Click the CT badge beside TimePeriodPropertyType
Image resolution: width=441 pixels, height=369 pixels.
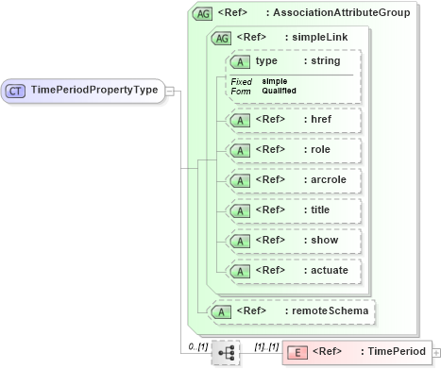coord(16,91)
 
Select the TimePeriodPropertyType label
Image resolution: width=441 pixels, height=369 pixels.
coord(93,91)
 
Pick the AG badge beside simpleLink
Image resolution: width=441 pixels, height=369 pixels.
coord(222,38)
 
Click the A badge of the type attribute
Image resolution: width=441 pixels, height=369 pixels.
coord(241,60)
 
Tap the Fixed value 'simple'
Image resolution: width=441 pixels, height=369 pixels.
coord(275,81)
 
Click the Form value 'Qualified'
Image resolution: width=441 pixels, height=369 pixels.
coord(280,91)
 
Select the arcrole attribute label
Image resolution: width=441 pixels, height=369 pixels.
coord(326,180)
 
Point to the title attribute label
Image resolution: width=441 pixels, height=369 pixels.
coord(318,210)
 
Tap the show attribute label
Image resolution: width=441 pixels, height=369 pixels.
coord(321,241)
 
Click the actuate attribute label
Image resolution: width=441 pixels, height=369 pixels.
coord(326,271)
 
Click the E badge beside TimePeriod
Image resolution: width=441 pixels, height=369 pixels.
coord(297,352)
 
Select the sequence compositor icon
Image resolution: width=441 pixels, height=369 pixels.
coord(226,352)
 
